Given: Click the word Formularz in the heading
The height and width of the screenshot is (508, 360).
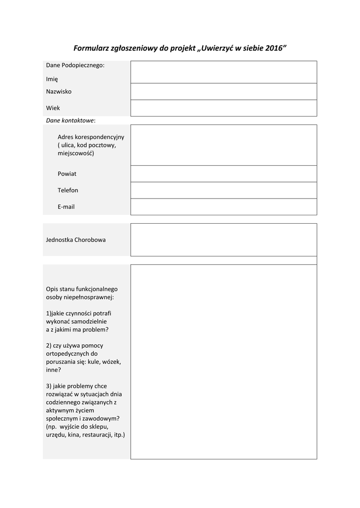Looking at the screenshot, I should point(91,49).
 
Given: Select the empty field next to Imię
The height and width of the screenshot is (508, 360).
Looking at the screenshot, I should point(223,72).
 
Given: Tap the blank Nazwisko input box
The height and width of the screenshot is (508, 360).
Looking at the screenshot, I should point(223,91).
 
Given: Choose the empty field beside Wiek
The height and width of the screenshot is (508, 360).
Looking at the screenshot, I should point(223,108).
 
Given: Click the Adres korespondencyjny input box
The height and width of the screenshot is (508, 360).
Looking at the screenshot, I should point(223,145).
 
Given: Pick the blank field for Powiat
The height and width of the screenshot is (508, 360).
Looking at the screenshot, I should point(223,174).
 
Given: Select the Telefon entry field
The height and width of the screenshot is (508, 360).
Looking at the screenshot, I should point(223,190).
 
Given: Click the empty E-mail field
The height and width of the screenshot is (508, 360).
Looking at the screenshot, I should point(223,206).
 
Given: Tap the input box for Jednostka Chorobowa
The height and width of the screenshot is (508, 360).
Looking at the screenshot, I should point(223,239).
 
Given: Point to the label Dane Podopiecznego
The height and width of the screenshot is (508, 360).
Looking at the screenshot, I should point(75,65).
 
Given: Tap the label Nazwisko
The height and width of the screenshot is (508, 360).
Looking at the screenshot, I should point(59,91).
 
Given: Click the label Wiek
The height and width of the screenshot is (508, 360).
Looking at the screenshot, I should point(53,108).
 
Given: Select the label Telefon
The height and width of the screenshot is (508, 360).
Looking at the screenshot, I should point(68,190).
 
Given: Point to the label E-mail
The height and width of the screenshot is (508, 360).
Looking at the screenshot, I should point(66,206).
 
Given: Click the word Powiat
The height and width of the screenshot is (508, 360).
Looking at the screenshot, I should point(67,174).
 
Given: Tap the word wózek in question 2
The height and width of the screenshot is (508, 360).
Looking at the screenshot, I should point(112,362).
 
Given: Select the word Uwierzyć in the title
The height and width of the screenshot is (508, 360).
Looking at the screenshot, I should point(216,49).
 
